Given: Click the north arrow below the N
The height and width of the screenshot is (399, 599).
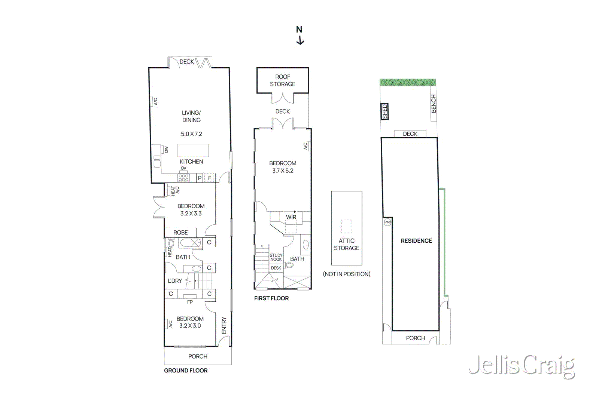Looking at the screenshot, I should click(300, 41).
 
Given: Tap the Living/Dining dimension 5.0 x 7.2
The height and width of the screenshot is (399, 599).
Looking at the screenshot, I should click(191, 134).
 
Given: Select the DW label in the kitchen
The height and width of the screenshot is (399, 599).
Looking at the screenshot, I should click(166, 150).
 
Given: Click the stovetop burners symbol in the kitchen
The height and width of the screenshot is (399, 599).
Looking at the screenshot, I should click(183, 178).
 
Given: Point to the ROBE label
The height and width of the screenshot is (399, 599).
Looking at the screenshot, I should click(180, 233).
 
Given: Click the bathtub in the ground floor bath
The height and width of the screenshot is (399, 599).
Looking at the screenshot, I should click(191, 243).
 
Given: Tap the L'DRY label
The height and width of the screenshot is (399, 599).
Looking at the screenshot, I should click(175, 281).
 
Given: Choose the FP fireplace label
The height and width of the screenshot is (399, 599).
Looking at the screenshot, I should click(190, 302).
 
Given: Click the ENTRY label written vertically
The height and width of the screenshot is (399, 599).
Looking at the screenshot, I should click(224, 325).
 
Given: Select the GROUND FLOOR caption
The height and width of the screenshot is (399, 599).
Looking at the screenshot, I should click(186, 371).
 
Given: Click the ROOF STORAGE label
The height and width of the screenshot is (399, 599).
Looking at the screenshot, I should click(283, 80).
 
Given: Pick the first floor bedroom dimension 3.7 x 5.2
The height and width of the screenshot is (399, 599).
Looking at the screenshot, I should click(283, 171).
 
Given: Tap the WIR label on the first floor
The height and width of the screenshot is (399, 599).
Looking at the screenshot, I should click(291, 217).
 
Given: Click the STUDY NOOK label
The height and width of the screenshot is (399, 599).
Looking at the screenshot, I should click(276, 257).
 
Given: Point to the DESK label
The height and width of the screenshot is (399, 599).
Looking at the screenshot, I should click(276, 268).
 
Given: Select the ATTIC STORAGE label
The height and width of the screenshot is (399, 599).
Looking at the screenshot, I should click(347, 245).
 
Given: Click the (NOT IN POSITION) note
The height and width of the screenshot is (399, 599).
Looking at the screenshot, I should click(347, 274).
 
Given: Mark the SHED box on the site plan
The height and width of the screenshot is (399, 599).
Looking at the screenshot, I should click(384, 111).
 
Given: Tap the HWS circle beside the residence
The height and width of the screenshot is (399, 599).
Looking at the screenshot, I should click(387, 222).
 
